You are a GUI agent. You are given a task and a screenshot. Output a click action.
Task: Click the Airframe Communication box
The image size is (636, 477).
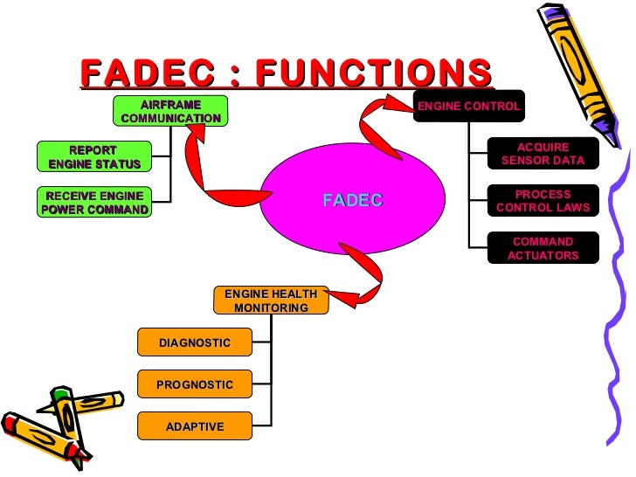tap(170, 111)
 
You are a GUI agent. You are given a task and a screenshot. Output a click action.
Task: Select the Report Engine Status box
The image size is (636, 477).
tap(94, 157)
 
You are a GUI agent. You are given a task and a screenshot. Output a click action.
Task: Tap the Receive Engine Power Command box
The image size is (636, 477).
tap(94, 202)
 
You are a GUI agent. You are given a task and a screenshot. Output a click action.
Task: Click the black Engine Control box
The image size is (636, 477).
tap(468, 107)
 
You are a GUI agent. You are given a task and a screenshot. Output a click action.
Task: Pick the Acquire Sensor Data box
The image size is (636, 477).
tap(543, 154)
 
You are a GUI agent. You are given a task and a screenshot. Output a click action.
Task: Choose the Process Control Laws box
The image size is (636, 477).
tap(543, 201)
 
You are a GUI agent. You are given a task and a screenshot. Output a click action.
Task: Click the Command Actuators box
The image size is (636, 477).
tap(543, 248)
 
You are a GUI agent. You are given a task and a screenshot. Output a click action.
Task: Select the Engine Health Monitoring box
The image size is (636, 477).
tap(271, 301)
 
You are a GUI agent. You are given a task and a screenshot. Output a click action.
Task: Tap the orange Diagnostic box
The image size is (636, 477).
tap(195, 342)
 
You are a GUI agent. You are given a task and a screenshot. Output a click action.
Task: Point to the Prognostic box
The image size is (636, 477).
tap(195, 384)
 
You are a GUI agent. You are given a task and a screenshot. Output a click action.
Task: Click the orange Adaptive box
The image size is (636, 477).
tap(195, 426)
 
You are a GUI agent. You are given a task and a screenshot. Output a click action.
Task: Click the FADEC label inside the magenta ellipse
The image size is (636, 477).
tap(352, 200)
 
